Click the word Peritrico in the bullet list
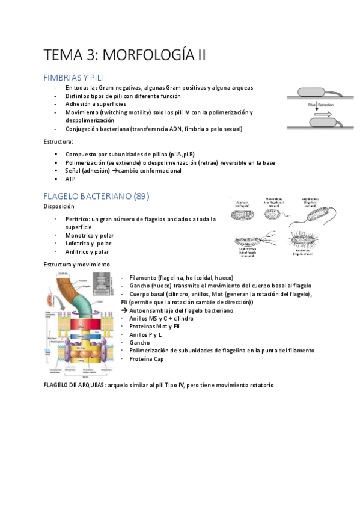tap(77, 219)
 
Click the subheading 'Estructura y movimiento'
tap(76, 265)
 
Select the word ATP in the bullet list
tap(71, 179)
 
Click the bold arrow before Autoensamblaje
tap(124, 310)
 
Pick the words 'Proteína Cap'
tap(146, 359)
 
